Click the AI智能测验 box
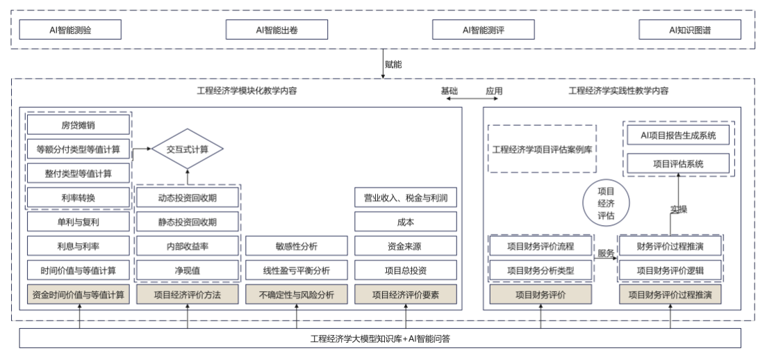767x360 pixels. (x=70, y=30)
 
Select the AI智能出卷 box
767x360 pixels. (x=277, y=30)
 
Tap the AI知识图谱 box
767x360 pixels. (x=691, y=30)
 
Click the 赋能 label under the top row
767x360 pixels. (x=393, y=65)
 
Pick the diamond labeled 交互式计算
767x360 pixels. (x=188, y=149)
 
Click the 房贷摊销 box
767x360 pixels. (x=79, y=125)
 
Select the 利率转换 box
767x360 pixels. (x=79, y=197)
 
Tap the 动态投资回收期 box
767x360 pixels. (x=188, y=197)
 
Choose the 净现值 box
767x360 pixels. (x=188, y=270)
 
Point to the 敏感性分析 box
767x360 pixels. (x=297, y=245)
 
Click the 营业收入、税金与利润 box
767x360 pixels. (x=406, y=197)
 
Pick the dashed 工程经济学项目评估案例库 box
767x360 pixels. (x=543, y=149)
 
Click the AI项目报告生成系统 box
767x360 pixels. (x=678, y=135)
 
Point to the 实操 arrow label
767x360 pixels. (x=678, y=209)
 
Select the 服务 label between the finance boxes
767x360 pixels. (x=606, y=254)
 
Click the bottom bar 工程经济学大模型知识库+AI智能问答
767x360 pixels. (x=383, y=338)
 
